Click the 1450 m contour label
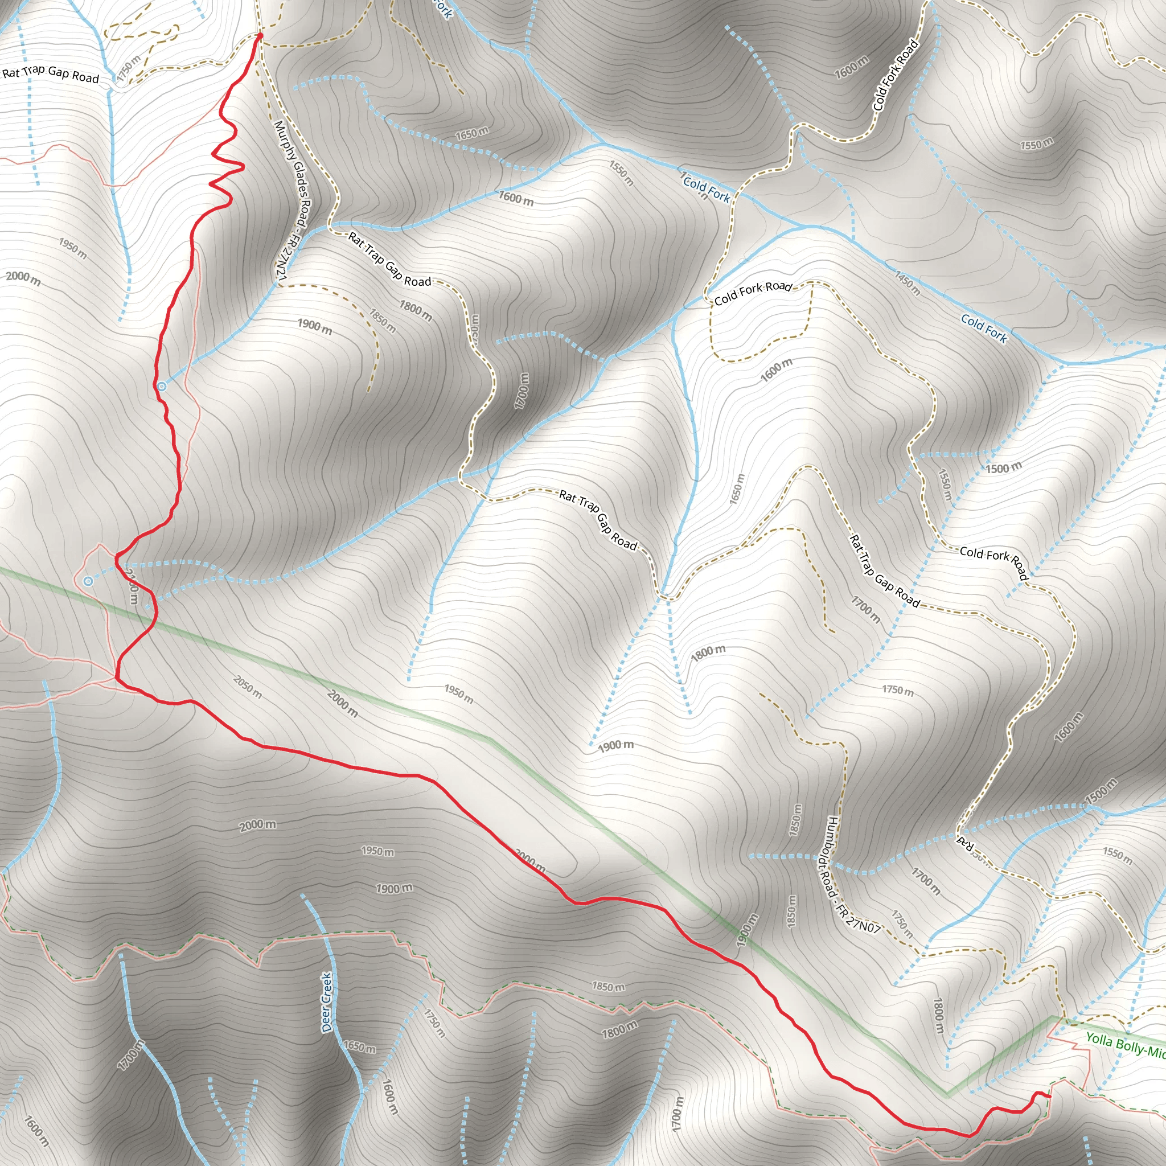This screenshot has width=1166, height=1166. click(x=907, y=284)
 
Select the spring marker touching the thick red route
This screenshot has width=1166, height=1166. click(x=162, y=385)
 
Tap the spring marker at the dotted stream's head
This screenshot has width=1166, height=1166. click(x=89, y=581)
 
